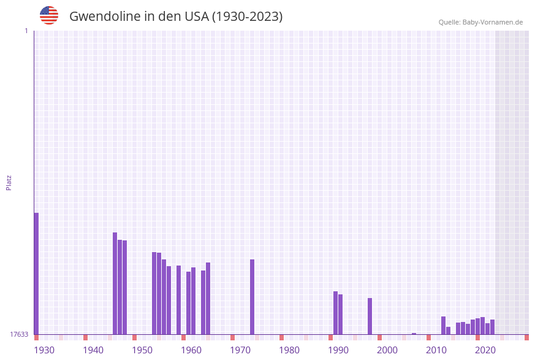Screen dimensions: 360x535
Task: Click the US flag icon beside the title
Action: tap(49, 15)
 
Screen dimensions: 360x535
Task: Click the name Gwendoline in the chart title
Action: tap(105, 17)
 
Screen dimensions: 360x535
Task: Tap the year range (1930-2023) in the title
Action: tap(247, 17)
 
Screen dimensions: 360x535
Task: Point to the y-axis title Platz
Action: tap(9, 182)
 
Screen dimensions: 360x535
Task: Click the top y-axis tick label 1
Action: tap(26, 31)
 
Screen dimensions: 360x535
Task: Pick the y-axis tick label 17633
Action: tap(19, 334)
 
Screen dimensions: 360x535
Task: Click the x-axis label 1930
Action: tap(44, 350)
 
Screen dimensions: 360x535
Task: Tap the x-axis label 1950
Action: tap(142, 350)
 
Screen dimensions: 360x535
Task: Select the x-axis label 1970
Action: tap(240, 350)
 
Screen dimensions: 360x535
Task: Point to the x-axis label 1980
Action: tap(289, 350)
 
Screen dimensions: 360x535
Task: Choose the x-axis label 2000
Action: tap(387, 350)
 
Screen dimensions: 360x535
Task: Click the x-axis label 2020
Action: tap(485, 350)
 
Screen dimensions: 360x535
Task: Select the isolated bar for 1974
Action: tap(252, 297)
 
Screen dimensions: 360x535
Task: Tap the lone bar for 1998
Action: tap(370, 316)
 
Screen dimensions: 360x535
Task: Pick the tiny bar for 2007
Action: tap(414, 334)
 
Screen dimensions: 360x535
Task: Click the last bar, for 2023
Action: tap(492, 327)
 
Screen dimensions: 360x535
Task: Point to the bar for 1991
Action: tap(335, 313)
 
